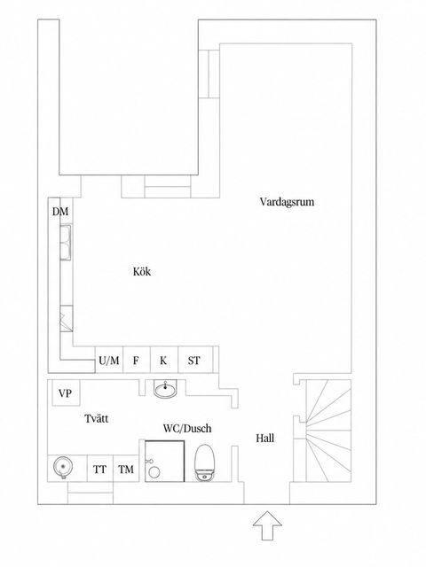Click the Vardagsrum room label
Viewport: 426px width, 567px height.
287,202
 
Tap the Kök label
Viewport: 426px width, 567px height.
142,272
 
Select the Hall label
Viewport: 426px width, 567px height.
264,439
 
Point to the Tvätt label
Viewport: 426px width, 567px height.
97,419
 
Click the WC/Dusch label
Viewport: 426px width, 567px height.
187,429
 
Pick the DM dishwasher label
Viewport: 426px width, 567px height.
60,212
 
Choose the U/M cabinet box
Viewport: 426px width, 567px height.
109,360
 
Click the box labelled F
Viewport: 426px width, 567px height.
137,360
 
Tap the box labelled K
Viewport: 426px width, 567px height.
164,360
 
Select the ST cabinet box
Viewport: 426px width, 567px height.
195,360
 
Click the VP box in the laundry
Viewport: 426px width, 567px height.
66,392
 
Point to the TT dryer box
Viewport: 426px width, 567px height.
100,469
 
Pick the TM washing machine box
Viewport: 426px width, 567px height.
126,469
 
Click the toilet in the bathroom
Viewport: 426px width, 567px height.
205,463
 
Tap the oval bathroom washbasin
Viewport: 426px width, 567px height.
166,390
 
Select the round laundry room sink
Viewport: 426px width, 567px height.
63,467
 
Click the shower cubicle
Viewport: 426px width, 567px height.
165,461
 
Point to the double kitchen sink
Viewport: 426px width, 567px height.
66,242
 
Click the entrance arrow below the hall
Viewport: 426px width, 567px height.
267,525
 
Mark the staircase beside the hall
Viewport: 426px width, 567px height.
329,431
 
